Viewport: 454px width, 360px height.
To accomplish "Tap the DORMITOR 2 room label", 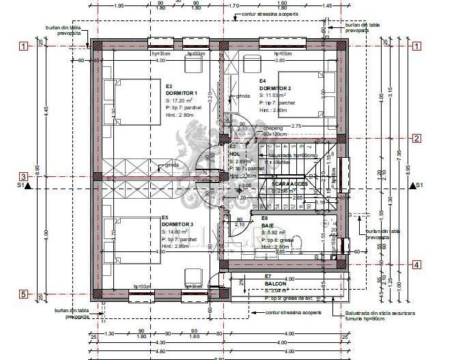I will pos(275,88).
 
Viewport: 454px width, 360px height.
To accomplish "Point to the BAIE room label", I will pos(268,224).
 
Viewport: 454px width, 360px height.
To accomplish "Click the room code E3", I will pos(169,86).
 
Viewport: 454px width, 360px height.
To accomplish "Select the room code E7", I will pos(268,276).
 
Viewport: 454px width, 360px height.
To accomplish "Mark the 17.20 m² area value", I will pos(182,100).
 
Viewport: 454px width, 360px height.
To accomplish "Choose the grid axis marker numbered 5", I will pos(23,294).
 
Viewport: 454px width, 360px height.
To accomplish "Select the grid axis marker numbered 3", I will pos(23,176).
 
